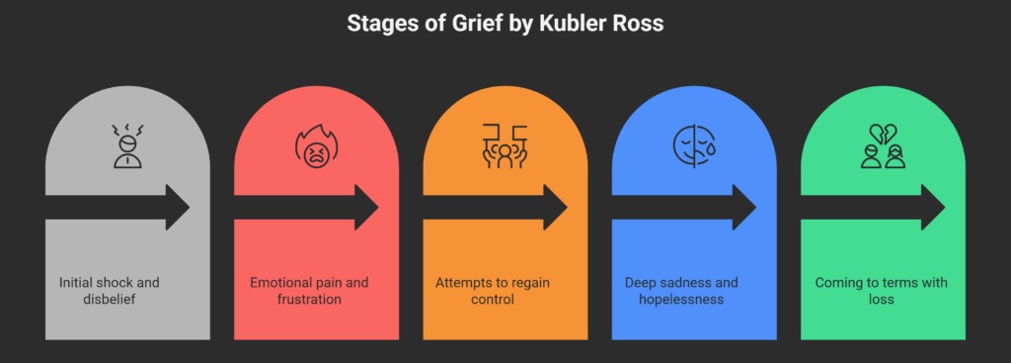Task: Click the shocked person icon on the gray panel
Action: [x=125, y=145]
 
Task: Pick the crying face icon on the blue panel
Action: [x=692, y=146]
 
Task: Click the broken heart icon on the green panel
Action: [x=882, y=146]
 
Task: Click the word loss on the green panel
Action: [x=881, y=299]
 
